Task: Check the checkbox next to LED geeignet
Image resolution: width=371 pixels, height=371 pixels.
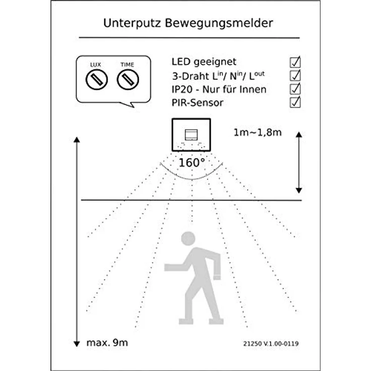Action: click(x=295, y=62)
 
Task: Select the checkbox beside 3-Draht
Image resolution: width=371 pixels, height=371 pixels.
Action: click(x=295, y=76)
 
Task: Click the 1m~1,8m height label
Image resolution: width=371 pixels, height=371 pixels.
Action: click(x=258, y=133)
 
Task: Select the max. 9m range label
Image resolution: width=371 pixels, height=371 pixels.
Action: click(x=107, y=343)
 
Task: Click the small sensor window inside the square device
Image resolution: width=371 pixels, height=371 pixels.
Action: click(x=192, y=134)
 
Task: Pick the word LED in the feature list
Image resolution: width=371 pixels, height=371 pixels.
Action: click(x=180, y=62)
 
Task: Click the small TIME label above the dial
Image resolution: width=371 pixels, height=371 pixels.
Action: click(x=128, y=65)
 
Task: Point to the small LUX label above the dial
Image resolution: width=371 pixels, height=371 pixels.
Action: click(x=95, y=65)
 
